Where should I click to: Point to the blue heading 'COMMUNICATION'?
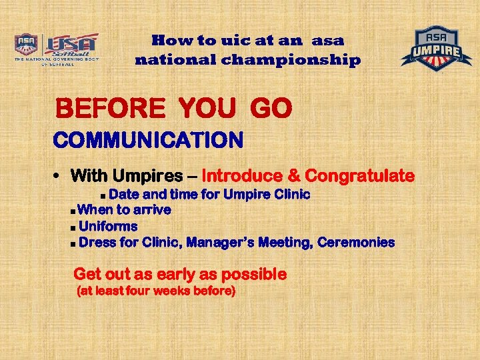148,141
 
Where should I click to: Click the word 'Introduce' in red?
241,177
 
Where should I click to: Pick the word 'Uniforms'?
108,226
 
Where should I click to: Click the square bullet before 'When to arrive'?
72,211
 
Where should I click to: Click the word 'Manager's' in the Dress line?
219,242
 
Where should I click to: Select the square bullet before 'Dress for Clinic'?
72,243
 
